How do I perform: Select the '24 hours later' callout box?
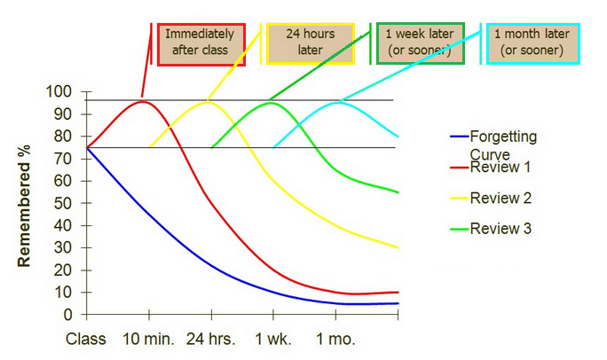310,43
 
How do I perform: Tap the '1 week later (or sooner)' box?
418,43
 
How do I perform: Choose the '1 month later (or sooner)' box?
532,43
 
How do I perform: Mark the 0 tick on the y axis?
67,314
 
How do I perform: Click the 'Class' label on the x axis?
86,339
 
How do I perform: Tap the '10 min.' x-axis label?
147,339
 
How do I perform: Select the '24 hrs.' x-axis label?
211,339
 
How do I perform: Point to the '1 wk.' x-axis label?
273,339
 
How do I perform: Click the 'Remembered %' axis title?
24,202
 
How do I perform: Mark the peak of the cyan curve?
339,102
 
